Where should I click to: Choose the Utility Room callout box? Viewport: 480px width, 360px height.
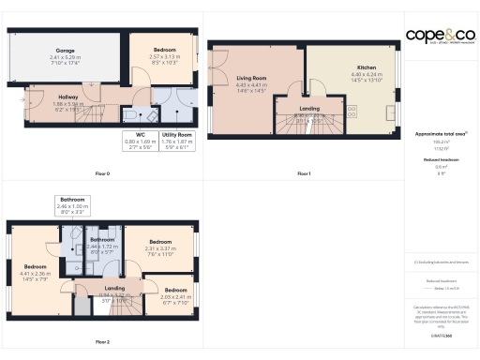tap(175, 141)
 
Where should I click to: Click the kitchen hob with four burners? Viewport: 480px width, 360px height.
tap(352, 111)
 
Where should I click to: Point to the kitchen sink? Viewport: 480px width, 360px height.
tap(393, 111)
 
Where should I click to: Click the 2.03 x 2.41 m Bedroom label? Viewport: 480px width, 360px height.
tap(177, 294)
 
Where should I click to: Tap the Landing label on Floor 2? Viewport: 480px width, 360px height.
tap(114, 292)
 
